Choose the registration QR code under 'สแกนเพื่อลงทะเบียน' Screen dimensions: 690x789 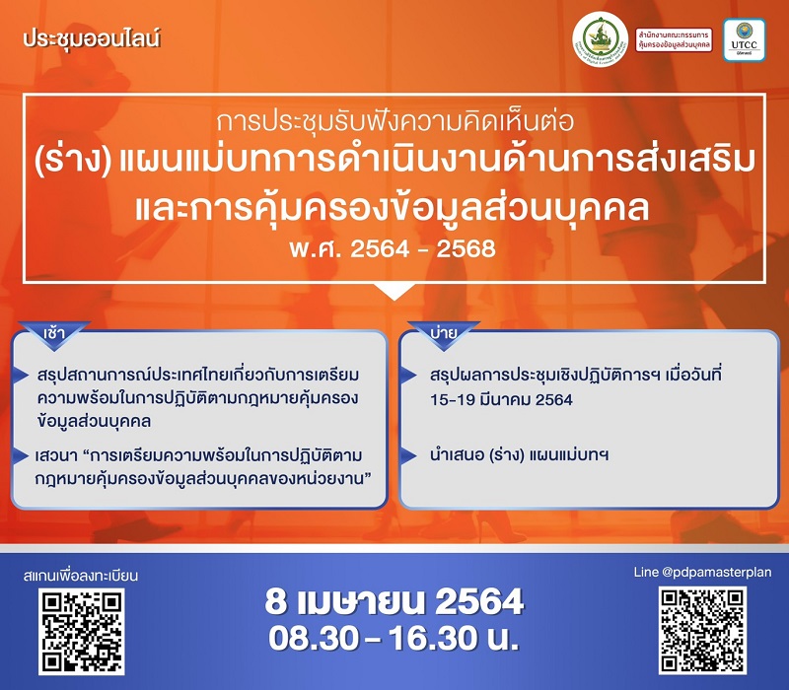[82, 632]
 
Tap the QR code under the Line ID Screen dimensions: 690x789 [702, 630]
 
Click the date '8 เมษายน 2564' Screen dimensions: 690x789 [394, 600]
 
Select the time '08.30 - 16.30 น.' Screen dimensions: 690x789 [394, 637]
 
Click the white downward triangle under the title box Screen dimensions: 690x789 [394, 292]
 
